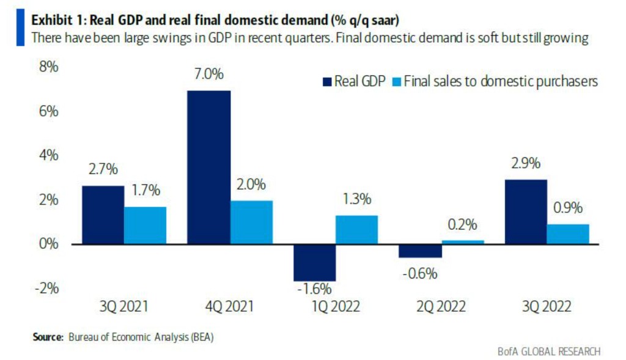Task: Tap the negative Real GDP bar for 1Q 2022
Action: pos(314,262)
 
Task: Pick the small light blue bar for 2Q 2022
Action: pos(463,242)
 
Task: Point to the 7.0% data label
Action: pos(208,75)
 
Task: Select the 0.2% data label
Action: pos(462,225)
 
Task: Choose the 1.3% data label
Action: pos(357,200)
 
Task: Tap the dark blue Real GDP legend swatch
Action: pos(327,81)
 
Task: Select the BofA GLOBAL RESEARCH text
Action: pos(549,350)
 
